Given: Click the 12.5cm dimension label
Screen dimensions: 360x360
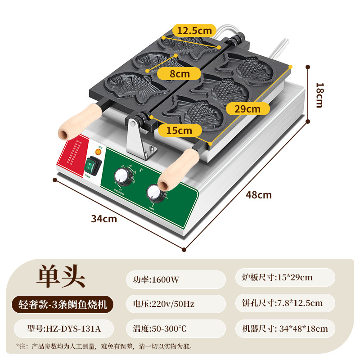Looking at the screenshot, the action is click(x=194, y=31).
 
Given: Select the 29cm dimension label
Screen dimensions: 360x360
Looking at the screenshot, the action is click(x=247, y=108).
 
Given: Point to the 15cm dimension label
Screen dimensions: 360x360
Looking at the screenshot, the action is click(x=178, y=130).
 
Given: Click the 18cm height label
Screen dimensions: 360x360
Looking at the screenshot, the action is click(x=319, y=94).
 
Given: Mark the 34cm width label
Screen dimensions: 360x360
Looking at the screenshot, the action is click(x=104, y=219).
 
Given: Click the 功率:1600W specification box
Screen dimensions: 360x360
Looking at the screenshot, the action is click(x=175, y=279).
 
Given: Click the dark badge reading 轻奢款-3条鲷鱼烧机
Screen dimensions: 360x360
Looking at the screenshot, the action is click(x=61, y=304).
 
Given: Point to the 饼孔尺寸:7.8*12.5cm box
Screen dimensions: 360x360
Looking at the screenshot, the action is click(x=285, y=303).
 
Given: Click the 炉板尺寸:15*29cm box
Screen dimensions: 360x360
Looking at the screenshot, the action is click(x=285, y=278).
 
